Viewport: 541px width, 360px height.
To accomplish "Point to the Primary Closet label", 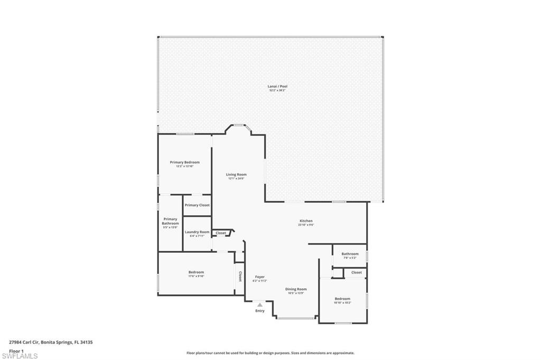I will point(197,205).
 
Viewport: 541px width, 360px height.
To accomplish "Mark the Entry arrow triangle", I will point(259,305).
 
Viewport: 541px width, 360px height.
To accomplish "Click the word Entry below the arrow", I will point(259,311).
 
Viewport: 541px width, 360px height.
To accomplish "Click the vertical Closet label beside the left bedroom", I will point(240,277).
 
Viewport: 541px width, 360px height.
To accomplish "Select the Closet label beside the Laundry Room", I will point(221,233).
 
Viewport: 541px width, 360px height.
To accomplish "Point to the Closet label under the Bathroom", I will point(357,272).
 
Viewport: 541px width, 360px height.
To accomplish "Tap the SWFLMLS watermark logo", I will point(20,356).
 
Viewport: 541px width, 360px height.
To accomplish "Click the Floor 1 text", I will point(16,350).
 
